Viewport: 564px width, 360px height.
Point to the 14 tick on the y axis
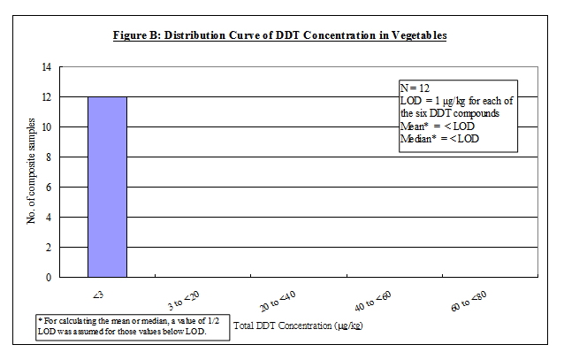46,67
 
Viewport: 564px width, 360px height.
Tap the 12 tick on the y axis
46,97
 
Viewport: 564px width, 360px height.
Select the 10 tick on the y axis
46,127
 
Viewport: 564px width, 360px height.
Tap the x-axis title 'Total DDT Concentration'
300,326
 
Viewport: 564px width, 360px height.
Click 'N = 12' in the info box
418,88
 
